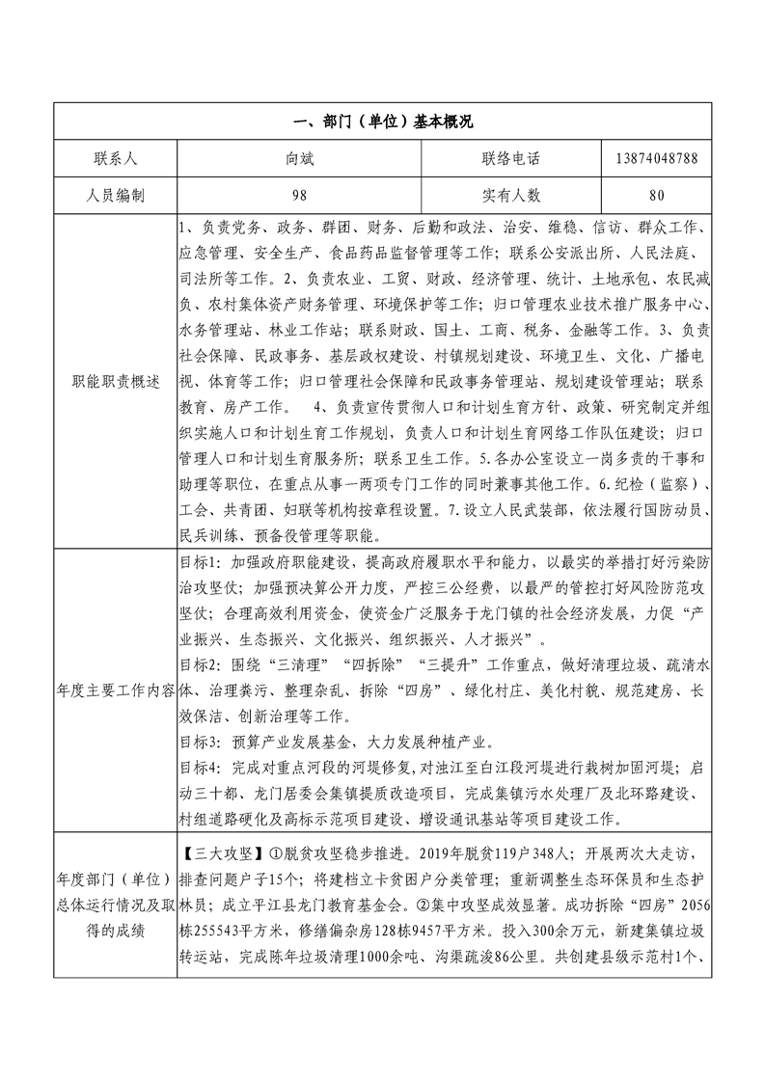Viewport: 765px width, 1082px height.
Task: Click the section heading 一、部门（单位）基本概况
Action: (x=382, y=122)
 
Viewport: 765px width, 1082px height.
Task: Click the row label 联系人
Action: (x=115, y=157)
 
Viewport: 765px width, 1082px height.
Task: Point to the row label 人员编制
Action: (x=115, y=195)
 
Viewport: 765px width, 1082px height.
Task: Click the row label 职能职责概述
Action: (x=115, y=381)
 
